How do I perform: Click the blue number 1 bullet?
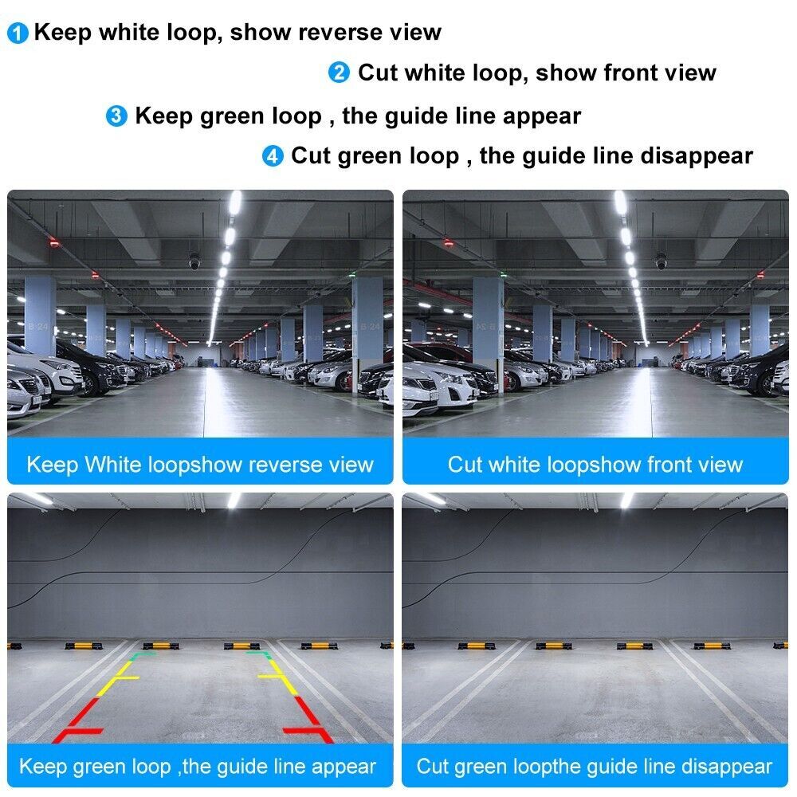[18, 33]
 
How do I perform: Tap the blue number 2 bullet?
[339, 73]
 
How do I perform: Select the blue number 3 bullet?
[116, 116]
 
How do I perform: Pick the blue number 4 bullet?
[273, 156]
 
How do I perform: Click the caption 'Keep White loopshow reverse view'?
[199, 465]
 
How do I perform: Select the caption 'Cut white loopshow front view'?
[595, 465]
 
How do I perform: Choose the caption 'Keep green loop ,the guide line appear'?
[198, 767]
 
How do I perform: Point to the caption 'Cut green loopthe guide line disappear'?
[595, 767]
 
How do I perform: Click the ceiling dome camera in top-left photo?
[194, 261]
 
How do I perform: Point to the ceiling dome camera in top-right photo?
[660, 261]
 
